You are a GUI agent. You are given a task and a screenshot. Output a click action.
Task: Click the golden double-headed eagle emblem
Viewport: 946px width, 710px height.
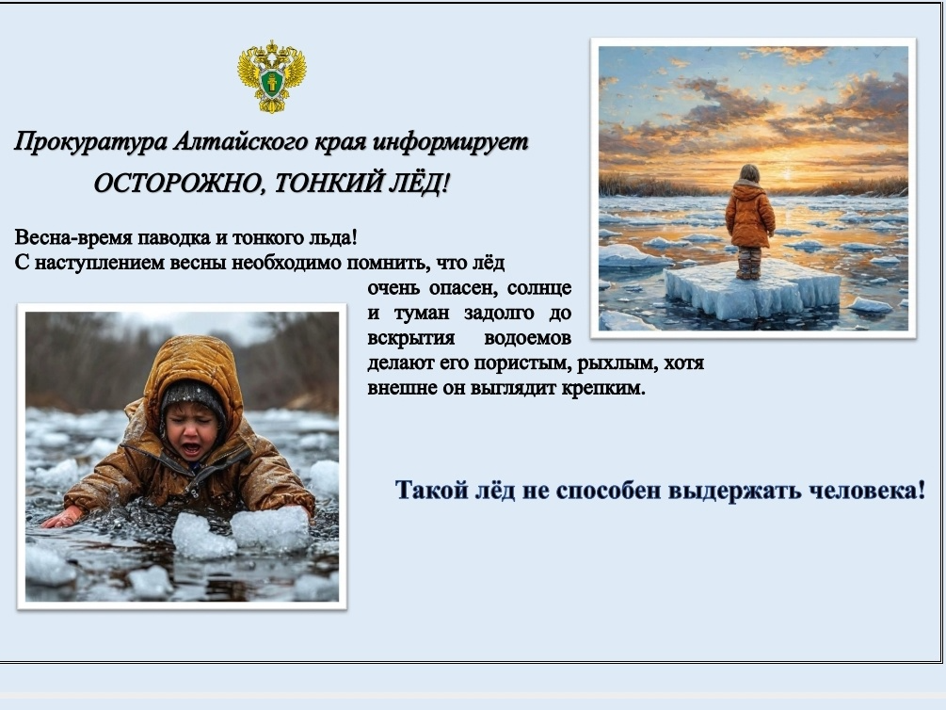point(271,76)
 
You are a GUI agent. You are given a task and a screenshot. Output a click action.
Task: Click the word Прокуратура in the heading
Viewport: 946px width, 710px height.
point(90,142)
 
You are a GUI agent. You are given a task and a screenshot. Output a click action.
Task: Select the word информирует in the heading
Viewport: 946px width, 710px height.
point(450,142)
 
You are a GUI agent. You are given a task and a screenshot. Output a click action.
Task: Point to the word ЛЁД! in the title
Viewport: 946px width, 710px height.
point(419,183)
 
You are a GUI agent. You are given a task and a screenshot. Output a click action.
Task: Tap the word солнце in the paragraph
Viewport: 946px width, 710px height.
point(539,288)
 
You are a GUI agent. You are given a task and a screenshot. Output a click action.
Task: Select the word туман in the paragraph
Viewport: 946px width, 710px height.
point(422,314)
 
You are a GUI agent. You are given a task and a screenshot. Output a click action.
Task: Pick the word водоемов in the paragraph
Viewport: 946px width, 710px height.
point(528,338)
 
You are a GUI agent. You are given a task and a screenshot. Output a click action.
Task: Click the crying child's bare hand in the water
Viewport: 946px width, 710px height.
point(63,517)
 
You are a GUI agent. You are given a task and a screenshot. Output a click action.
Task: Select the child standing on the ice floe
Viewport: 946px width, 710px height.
point(749,221)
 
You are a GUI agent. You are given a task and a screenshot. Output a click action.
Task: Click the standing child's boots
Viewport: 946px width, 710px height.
point(748,264)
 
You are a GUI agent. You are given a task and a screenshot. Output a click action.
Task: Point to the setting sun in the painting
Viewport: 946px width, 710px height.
point(786,175)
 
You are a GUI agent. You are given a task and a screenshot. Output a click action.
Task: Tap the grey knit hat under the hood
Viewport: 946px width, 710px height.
point(192,396)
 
